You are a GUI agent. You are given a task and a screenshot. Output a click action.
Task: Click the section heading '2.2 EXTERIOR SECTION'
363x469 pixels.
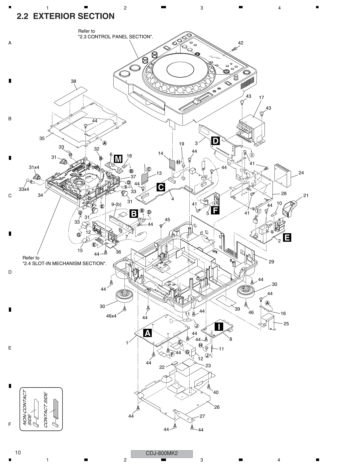tap(65, 16)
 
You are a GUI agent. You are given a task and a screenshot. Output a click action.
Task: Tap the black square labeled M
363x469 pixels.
tap(118, 159)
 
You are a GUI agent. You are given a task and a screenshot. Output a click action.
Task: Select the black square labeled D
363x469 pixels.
tap(216, 141)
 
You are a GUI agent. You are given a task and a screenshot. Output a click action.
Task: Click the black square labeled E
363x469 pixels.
tap(287, 237)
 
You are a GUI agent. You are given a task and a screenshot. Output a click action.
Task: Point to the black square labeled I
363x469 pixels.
tap(219, 327)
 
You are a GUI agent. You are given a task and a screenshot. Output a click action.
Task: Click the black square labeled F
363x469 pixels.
tap(215, 210)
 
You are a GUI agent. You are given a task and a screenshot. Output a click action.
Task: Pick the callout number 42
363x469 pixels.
tap(241, 43)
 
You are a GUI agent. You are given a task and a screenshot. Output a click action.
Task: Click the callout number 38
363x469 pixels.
tap(73, 81)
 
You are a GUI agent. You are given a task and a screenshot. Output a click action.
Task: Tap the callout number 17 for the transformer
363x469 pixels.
tap(261, 98)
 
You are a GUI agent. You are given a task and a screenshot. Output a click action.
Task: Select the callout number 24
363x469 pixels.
tap(301, 173)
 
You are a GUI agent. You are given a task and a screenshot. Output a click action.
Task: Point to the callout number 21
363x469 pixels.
tap(306, 195)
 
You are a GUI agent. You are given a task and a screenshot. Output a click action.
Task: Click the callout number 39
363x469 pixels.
tap(237, 309)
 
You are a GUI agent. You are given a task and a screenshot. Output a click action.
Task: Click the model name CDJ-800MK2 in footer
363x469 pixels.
tap(162, 453)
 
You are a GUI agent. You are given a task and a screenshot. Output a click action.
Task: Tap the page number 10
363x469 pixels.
tap(18, 453)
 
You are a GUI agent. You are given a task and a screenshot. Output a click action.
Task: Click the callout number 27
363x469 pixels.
tap(202, 416)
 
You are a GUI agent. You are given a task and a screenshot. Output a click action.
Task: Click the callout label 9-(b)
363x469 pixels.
tap(116, 204)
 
